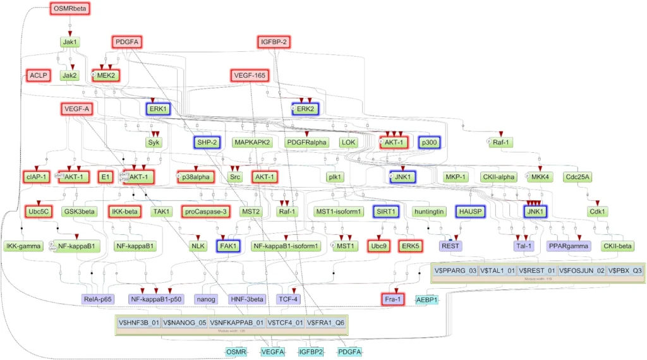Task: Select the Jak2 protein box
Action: pos(70,75)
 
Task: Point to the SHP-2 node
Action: pos(207,143)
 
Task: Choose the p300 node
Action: pos(430,143)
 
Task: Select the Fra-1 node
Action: pos(392,299)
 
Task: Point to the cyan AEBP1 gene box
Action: pos(426,299)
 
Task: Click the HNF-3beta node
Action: pos(247,299)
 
